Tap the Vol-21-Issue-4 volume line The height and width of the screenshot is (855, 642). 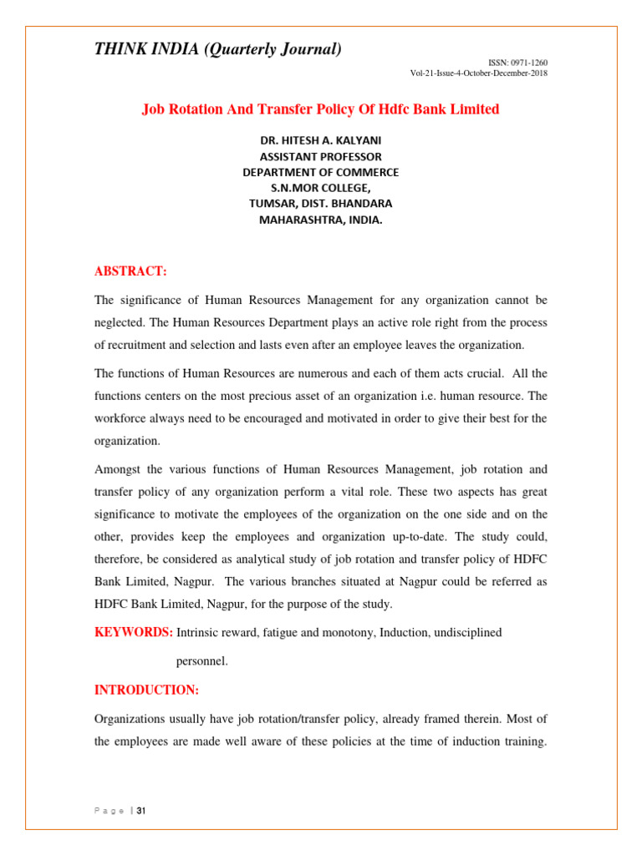click(x=479, y=73)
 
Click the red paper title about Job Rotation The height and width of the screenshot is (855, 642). click(x=320, y=109)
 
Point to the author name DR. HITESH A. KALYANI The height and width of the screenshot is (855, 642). click(x=320, y=141)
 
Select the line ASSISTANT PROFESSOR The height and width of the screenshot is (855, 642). click(x=320, y=157)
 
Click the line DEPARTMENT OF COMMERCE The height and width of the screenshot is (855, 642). click(x=320, y=173)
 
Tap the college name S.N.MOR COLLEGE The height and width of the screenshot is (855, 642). click(x=320, y=189)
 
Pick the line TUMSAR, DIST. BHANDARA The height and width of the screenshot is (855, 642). click(x=320, y=204)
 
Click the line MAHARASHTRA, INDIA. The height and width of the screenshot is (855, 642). click(x=320, y=220)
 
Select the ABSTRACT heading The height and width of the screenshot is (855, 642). click(x=130, y=271)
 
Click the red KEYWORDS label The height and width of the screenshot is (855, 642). click(x=133, y=633)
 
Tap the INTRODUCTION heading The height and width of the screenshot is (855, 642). click(x=146, y=690)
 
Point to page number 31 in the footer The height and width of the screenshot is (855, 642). click(x=141, y=811)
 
